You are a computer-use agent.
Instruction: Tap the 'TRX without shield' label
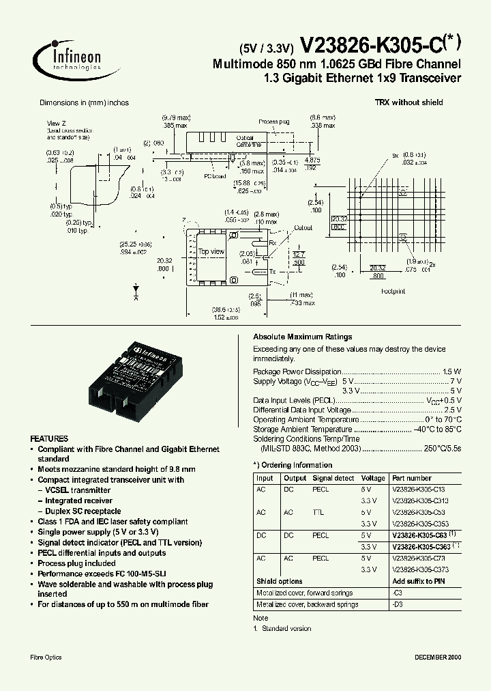(x=408, y=102)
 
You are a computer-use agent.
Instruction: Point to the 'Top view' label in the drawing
(x=211, y=252)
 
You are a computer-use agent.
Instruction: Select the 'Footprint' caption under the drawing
(x=393, y=290)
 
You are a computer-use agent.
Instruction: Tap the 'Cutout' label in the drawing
(x=303, y=228)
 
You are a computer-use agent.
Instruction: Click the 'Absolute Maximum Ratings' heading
(x=302, y=337)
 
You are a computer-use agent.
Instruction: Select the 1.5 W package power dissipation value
(x=451, y=371)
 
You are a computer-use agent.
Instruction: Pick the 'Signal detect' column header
(x=333, y=479)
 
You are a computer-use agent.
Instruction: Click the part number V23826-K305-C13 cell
(x=419, y=490)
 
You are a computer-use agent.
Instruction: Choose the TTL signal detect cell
(x=318, y=512)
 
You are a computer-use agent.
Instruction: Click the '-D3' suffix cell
(x=398, y=604)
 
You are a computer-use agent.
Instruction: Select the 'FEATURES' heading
(x=49, y=438)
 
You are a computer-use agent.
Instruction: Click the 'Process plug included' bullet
(x=76, y=563)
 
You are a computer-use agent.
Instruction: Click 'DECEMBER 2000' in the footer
(x=438, y=657)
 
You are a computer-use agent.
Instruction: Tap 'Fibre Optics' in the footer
(x=46, y=657)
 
